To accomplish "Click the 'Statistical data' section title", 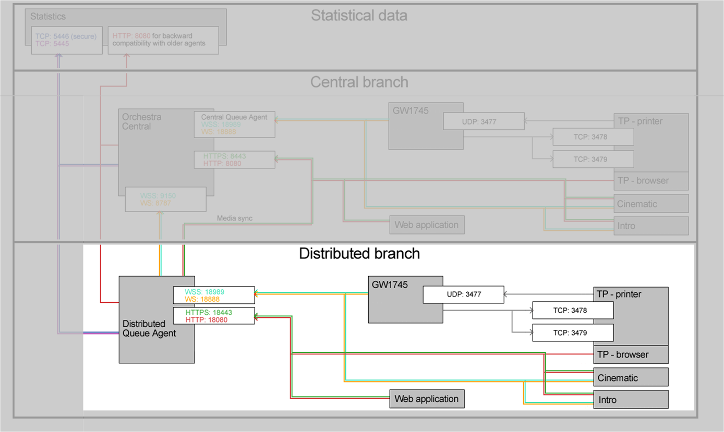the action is tap(359, 16).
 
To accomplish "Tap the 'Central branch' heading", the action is tap(359, 82).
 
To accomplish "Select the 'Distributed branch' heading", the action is tap(359, 253).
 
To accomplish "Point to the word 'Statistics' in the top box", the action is tap(48, 17).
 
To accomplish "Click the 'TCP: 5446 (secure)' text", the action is tap(66, 36).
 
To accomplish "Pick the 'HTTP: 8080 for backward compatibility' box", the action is tap(163, 40).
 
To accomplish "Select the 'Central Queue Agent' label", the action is tap(234, 117).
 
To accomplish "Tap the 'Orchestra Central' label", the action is tap(141, 121).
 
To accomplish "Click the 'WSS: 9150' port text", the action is tap(158, 195).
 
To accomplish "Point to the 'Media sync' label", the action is tap(235, 218).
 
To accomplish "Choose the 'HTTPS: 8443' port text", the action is tap(224, 156).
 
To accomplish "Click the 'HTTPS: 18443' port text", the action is tap(209, 312).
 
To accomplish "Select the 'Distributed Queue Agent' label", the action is tap(149, 328).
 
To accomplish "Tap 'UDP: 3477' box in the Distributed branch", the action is tap(464, 294).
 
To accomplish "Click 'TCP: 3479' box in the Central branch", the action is tap(593, 159).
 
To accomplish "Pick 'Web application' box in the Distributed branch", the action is tap(427, 399).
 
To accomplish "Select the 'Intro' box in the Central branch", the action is tap(651, 226).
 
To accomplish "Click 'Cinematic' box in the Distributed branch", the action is tap(631, 377).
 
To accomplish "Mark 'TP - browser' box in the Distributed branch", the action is tap(631, 354).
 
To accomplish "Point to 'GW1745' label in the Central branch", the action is tap(411, 111).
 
